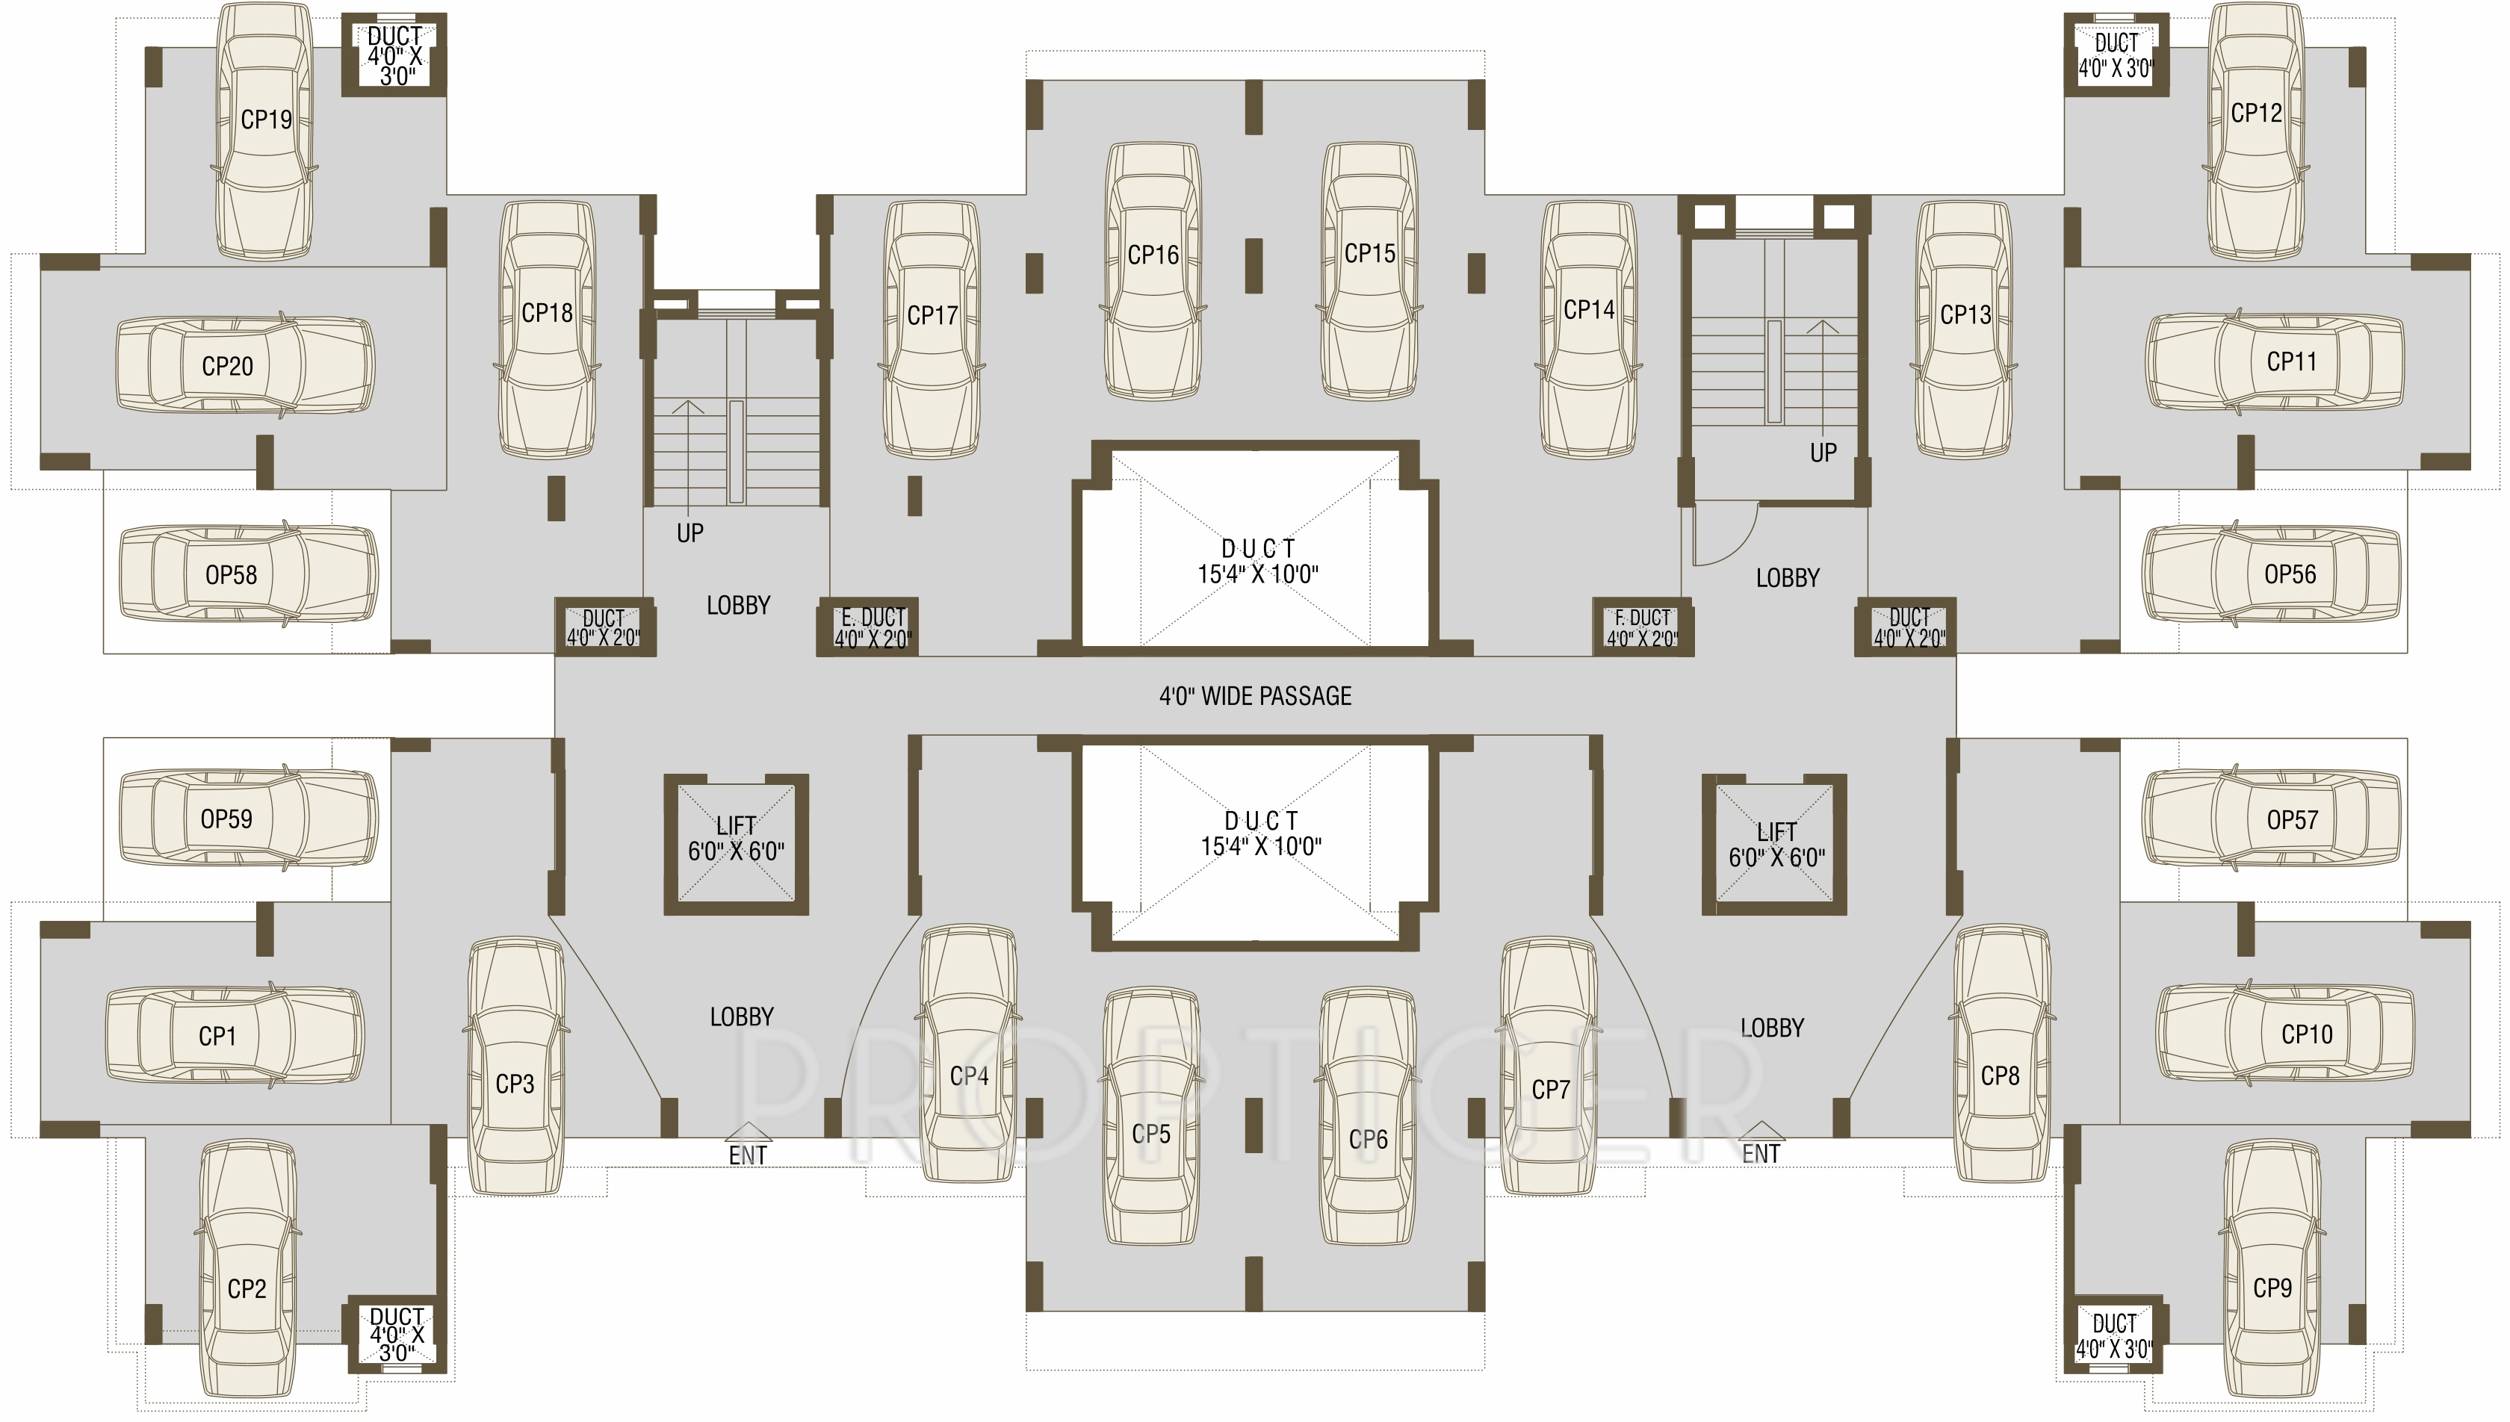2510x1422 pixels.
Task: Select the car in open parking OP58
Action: (248, 574)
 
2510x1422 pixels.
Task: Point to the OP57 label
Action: (2291, 820)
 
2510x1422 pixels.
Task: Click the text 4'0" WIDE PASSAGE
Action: (1255, 696)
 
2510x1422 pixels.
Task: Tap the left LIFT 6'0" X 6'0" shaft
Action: (737, 844)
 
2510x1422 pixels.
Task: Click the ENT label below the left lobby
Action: (748, 1155)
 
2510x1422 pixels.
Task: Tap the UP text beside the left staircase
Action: (690, 533)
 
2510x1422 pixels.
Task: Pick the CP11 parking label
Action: (2291, 362)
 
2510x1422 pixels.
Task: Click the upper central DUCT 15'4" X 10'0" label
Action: (1258, 562)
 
